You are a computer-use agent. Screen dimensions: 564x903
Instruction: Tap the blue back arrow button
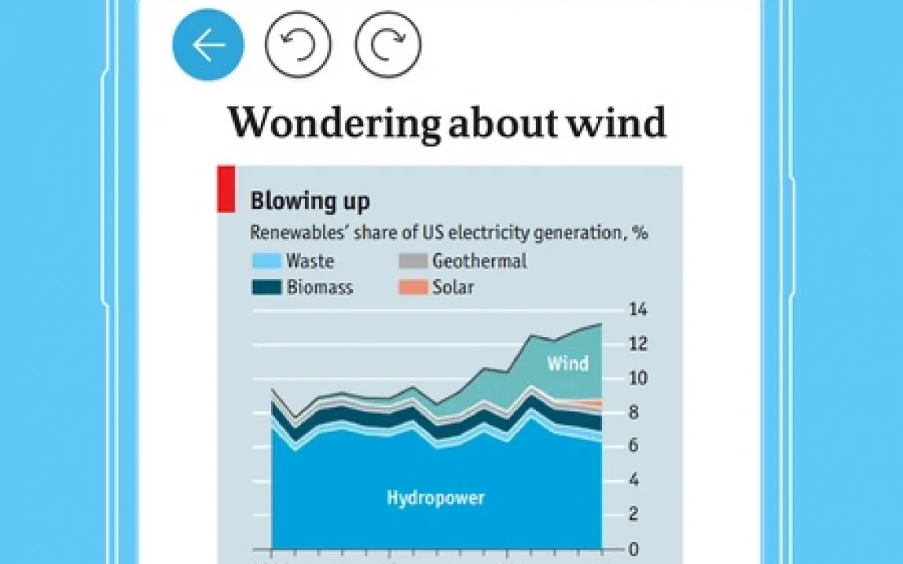[x=208, y=45]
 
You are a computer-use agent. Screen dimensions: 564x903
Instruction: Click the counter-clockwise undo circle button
[x=299, y=45]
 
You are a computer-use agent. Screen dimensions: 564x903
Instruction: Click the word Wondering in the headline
[x=334, y=123]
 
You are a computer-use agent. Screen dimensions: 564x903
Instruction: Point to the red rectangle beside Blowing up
[x=225, y=189]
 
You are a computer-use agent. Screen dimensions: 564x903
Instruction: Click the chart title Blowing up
[x=310, y=201]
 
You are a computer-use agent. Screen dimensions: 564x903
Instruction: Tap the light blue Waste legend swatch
[x=266, y=261]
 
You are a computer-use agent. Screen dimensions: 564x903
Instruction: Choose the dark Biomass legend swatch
[x=266, y=288]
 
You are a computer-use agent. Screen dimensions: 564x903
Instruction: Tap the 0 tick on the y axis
[x=633, y=548]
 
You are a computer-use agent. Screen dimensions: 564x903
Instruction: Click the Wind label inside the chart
[x=568, y=363]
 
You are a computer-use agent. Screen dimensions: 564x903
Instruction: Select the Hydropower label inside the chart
[x=436, y=498]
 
